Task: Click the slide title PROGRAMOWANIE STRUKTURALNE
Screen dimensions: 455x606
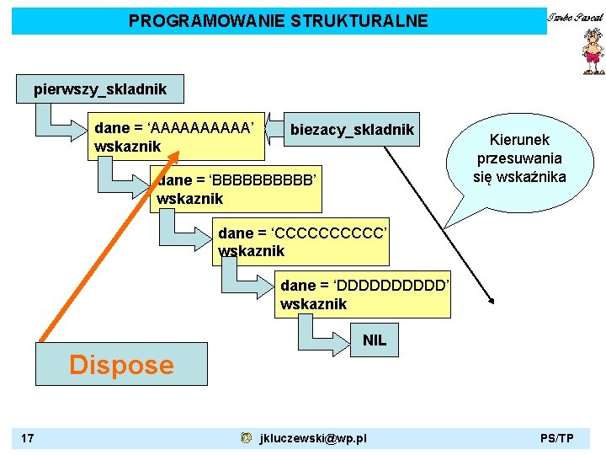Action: click(278, 21)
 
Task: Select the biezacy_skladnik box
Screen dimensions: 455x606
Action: click(352, 129)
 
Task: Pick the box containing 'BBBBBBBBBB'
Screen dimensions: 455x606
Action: click(237, 188)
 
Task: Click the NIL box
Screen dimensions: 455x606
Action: click(374, 340)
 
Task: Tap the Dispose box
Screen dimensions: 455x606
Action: click(121, 364)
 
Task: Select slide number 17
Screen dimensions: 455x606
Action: click(29, 438)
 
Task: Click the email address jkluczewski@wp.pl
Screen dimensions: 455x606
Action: click(313, 438)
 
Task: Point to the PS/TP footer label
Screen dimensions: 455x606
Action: click(557, 438)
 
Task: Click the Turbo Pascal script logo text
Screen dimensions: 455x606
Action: click(576, 18)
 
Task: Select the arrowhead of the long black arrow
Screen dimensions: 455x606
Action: click(492, 300)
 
